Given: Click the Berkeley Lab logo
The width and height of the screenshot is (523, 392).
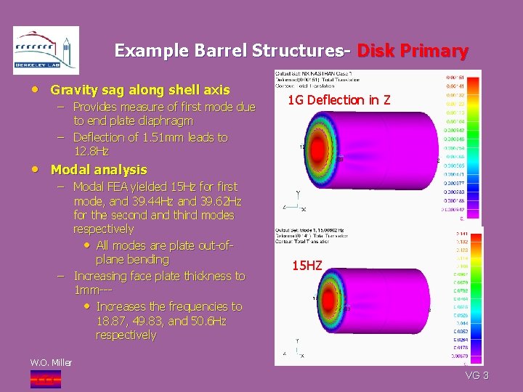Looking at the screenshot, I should coord(46,50).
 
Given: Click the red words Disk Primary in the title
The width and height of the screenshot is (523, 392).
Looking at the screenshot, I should coord(412,51).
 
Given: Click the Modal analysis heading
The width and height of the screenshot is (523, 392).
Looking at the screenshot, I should coord(98,170).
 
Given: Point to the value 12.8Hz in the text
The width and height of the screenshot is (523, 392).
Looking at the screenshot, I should coord(91,151).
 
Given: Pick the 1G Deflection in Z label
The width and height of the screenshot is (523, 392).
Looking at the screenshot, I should coord(338,100).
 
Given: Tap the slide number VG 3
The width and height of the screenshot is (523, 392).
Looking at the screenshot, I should coord(477,375).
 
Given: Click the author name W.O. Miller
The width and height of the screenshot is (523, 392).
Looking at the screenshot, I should coord(50,362).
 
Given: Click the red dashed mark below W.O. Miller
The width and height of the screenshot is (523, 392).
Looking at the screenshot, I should coord(45,379).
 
